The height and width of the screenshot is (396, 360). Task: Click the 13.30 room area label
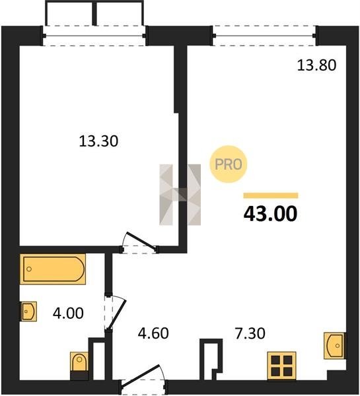98,141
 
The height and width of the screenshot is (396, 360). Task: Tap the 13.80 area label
316,65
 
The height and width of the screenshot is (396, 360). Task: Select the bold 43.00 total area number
271,214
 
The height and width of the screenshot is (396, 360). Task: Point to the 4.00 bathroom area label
68,313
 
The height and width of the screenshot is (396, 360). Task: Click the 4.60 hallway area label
153,333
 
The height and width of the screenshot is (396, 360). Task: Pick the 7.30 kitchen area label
250,333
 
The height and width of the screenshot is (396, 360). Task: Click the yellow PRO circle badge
229,164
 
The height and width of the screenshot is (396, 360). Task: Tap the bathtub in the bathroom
53,269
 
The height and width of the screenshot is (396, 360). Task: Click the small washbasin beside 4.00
28,312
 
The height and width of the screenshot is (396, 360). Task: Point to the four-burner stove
281,366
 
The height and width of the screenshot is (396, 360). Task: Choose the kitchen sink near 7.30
335,345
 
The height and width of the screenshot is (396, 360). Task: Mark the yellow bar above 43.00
271,195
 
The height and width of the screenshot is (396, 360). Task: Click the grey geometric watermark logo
180,195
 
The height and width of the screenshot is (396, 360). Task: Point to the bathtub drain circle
29,269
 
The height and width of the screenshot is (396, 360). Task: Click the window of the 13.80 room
264,36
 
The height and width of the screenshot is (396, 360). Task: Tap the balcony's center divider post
94,13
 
